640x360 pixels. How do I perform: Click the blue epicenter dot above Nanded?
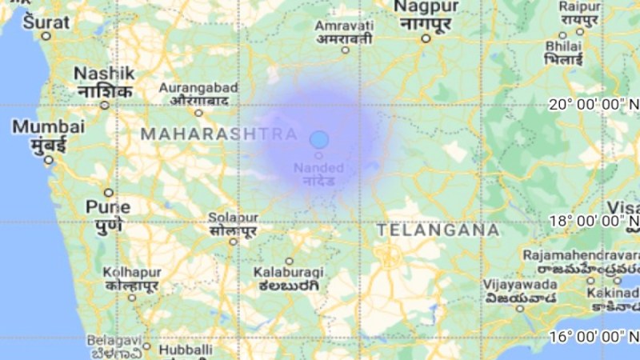(x=319, y=139)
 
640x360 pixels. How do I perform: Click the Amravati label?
(x=344, y=27)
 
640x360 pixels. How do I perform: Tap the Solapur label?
(x=233, y=218)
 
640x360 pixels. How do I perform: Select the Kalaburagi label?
(x=288, y=273)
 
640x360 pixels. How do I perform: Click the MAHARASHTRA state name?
(x=219, y=135)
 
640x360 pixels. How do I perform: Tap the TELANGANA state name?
(x=438, y=230)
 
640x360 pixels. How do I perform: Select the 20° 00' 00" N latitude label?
(x=593, y=104)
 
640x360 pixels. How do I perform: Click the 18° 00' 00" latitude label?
(x=593, y=221)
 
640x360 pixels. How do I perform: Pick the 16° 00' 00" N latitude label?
(x=593, y=337)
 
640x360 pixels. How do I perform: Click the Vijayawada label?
(x=518, y=284)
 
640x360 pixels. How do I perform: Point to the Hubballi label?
(x=186, y=350)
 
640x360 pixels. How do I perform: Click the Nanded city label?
(x=318, y=168)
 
